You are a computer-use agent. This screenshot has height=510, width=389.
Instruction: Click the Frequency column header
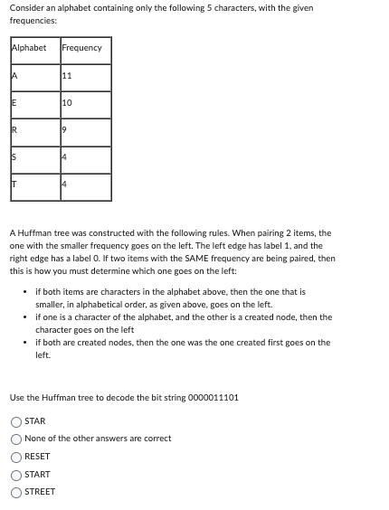pyautogui.click(x=82, y=48)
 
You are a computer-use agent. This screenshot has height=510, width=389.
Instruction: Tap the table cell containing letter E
pyautogui.click(x=34, y=104)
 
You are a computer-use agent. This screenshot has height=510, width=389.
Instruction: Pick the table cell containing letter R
pyautogui.click(x=34, y=132)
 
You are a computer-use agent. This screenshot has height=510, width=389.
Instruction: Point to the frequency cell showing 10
pyautogui.click(x=86, y=104)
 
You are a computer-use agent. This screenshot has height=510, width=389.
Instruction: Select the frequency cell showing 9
pyautogui.click(x=86, y=132)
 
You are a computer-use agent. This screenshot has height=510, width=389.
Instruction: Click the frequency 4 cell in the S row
pyautogui.click(x=86, y=159)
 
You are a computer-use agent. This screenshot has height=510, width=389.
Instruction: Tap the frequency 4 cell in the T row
pyautogui.click(x=86, y=186)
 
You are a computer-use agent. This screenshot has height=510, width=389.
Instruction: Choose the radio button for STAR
pyautogui.click(x=16, y=421)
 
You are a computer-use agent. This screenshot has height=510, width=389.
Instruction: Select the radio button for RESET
pyautogui.click(x=16, y=457)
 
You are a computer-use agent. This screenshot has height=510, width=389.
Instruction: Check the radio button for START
pyautogui.click(x=16, y=475)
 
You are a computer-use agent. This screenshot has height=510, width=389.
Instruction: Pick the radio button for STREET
pyautogui.click(x=16, y=492)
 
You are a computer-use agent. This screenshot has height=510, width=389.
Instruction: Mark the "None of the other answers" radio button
pyautogui.click(x=16, y=439)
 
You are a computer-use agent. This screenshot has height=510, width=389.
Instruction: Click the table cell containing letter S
pyautogui.click(x=34, y=159)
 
